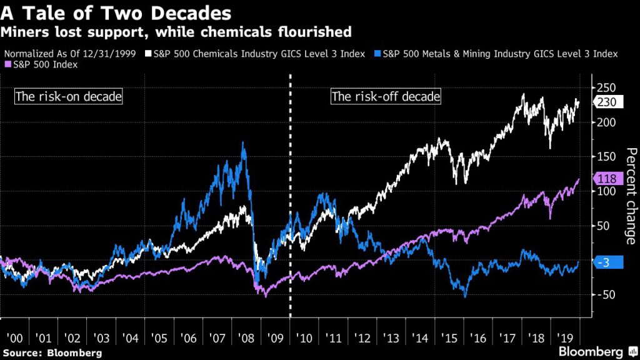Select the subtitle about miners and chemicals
click(177, 31)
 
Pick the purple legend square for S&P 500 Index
click(8, 64)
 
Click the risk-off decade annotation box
click(386, 97)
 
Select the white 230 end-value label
click(605, 103)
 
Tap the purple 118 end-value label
click(605, 179)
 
